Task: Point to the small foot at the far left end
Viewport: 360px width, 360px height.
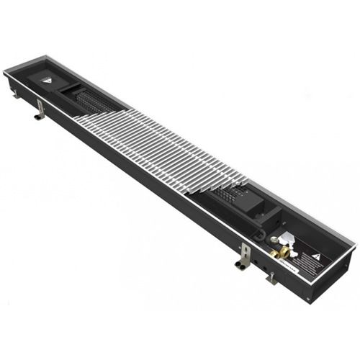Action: coord(15,93)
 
